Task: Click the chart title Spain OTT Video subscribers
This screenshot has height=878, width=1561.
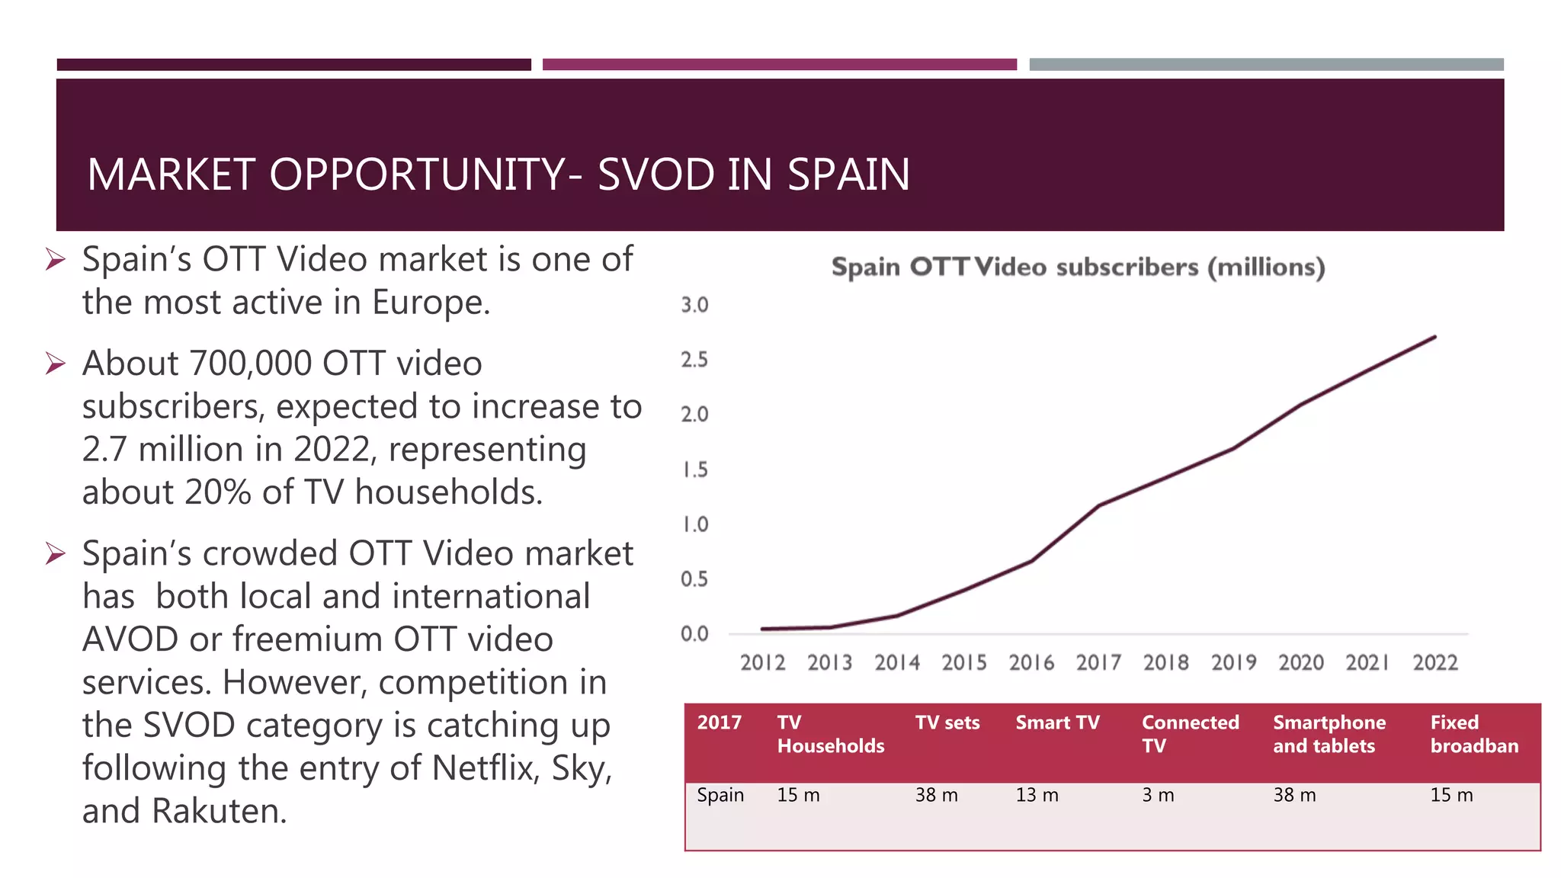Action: (1078, 268)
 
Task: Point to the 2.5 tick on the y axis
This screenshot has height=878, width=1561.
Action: (694, 360)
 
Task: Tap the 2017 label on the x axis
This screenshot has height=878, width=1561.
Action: (1098, 662)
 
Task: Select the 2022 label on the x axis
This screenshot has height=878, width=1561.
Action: (1434, 662)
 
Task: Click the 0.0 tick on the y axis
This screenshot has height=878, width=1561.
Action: (694, 633)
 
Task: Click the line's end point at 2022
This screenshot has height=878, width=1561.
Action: (1434, 337)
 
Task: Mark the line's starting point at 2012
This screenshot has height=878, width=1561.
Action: (763, 629)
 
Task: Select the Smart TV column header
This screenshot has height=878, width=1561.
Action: (1057, 723)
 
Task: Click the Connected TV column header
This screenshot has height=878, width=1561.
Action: (1190, 733)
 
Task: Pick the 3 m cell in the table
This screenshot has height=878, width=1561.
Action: (1157, 795)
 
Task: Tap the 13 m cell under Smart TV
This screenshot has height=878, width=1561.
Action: (1037, 795)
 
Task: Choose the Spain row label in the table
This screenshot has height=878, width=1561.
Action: (720, 795)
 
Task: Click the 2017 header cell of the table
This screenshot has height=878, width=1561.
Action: (719, 723)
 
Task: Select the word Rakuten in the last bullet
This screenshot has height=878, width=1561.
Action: (219, 811)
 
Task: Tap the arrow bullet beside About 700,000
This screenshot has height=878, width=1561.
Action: (55, 364)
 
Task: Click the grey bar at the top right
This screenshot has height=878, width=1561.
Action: (1266, 65)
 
